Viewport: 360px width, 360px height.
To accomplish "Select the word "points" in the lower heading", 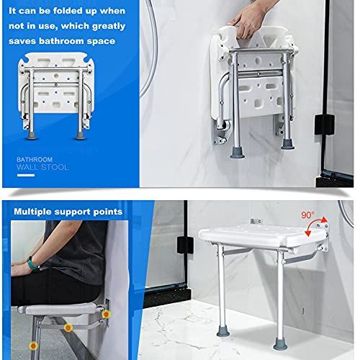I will (x=107, y=212).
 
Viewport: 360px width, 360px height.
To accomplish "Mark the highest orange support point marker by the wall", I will (x=106, y=315).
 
